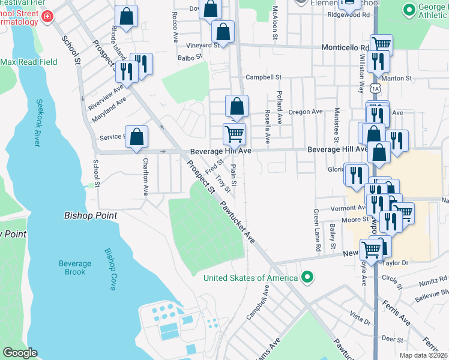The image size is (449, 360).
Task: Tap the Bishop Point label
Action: coord(90,215)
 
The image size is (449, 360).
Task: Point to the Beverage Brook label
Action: coord(75,268)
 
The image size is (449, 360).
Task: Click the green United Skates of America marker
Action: coord(307,277)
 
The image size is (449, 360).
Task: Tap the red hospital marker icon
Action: coord(47,17)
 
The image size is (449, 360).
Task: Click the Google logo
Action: coord(19,353)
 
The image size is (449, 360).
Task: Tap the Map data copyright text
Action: coord(423,355)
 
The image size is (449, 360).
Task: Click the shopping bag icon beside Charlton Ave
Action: coord(137,136)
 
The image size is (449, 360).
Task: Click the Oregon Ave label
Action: coord(306,112)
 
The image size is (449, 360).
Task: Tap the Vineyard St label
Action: coord(202,45)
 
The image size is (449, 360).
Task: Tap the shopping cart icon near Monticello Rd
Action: coord(382,44)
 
